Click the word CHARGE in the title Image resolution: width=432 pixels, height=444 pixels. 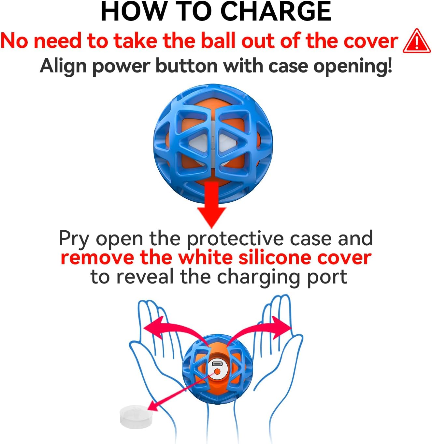[x=276, y=11]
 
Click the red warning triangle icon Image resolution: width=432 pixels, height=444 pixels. [x=417, y=41]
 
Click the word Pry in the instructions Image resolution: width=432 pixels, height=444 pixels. [x=74, y=239]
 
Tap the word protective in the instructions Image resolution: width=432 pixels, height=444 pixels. [x=235, y=239]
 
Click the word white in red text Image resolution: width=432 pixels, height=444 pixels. [x=205, y=258]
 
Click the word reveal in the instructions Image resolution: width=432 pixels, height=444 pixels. [x=145, y=277]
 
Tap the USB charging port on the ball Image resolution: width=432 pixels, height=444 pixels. [x=217, y=364]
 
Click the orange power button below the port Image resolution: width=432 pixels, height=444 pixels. [x=217, y=372]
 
